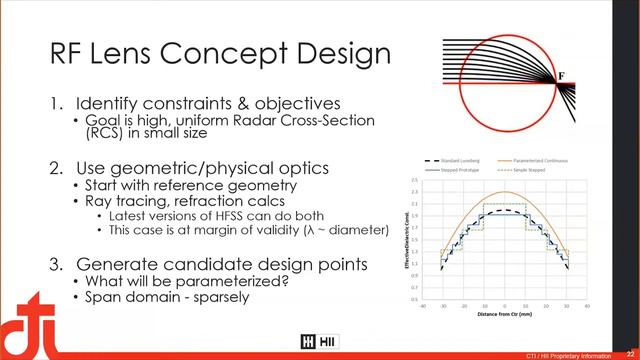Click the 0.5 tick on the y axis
(x=414, y=298)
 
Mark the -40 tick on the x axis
(x=423, y=306)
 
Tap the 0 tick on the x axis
(x=505, y=306)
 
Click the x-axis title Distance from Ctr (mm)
(x=505, y=315)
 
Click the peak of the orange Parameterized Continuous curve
(x=505, y=193)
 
